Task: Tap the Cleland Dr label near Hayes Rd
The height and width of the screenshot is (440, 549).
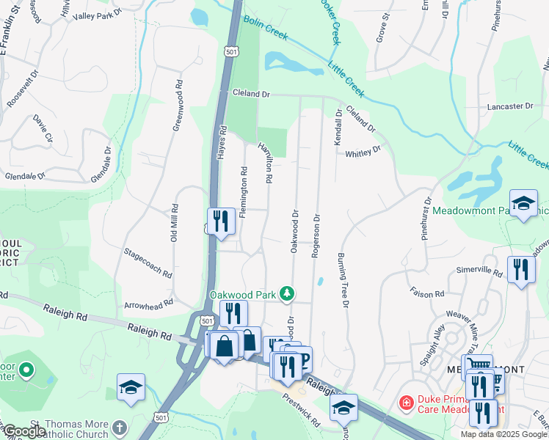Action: pyautogui.click(x=252, y=95)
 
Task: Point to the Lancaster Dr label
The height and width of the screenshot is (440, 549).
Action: pyautogui.click(x=510, y=106)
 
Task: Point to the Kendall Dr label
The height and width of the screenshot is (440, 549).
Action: pyautogui.click(x=338, y=127)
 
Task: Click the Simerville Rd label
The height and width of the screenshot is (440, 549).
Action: pyautogui.click(x=479, y=273)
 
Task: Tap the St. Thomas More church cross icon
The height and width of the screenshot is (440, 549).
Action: pyautogui.click(x=120, y=426)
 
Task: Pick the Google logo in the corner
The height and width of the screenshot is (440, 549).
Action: pyautogui.click(x=24, y=431)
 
